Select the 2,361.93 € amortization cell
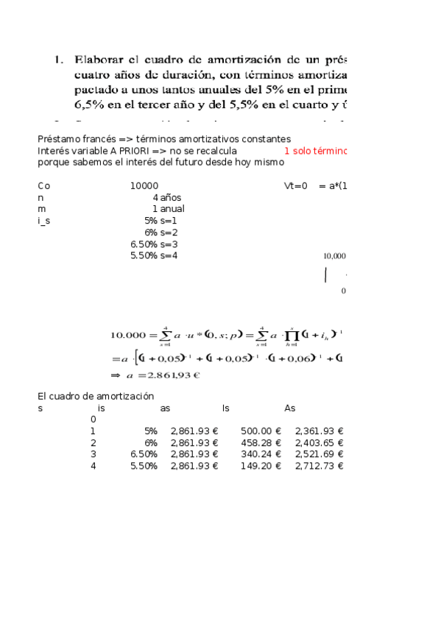319,431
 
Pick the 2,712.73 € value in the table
319,466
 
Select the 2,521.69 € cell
319,454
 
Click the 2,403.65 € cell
319,443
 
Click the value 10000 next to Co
144,186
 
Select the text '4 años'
167,197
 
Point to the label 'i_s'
44,220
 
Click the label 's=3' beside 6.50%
169,244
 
